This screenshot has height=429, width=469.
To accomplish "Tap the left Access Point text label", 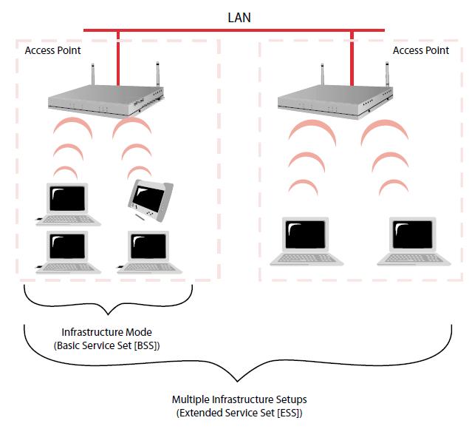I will click(53, 50).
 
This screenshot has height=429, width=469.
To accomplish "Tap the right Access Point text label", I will click(420, 50).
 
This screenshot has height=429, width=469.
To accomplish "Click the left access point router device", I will click(103, 100).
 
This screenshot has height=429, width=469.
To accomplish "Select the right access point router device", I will click(332, 100).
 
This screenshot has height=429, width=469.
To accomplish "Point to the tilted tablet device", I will click(151, 200).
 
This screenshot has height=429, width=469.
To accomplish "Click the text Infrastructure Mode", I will click(108, 332).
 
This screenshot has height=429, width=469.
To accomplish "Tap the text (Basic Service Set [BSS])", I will click(108, 345).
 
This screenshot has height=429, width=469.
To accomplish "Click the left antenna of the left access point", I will click(94, 75).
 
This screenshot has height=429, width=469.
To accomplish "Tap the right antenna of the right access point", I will click(386, 75).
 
